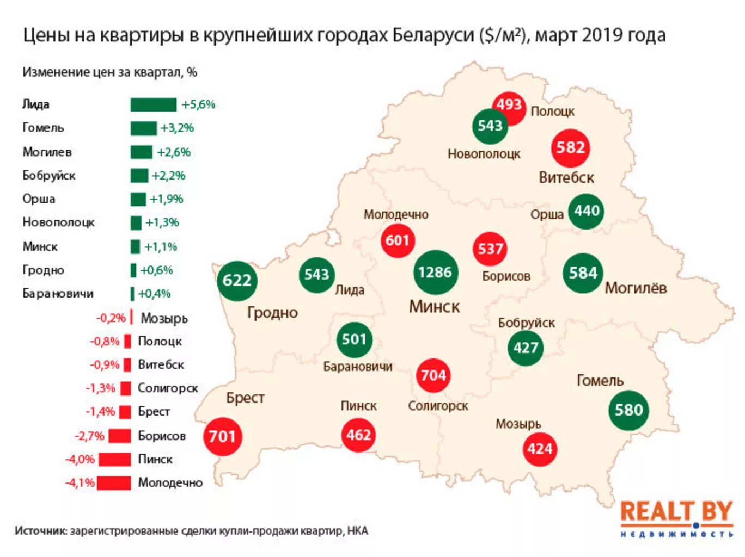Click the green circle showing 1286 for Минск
pos(435,273)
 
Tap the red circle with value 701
pos(222,436)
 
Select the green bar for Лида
pos(153,104)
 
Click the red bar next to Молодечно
pos(114,483)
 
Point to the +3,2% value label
pos(177,128)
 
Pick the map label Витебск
pos(566,178)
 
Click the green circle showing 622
pos(237,281)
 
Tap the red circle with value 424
pos(539,449)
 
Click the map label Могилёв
pos(636,288)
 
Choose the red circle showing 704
pos(433,375)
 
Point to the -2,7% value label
pos(89,436)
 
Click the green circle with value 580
pos(628,410)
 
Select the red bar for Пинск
pos(114,460)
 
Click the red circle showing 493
pos(509,105)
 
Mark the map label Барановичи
pos(357,367)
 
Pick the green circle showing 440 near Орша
pos(586,211)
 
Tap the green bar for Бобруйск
pos(139,176)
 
